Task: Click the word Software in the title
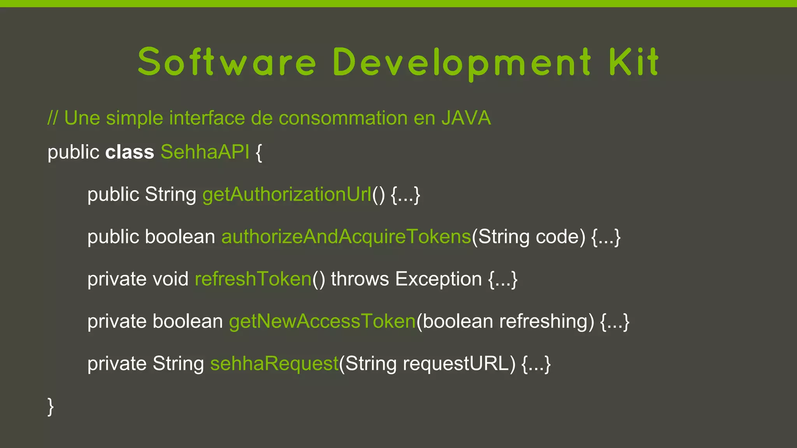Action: click(227, 62)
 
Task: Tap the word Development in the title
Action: click(462, 62)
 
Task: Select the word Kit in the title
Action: click(634, 62)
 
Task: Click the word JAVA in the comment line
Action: click(466, 118)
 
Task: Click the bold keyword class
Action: click(130, 152)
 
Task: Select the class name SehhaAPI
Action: click(205, 152)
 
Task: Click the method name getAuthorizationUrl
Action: click(287, 194)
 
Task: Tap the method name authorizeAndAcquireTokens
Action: click(346, 237)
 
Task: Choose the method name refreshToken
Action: click(253, 279)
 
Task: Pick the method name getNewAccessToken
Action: click(322, 322)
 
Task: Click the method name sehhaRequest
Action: click(274, 364)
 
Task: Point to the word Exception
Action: click(438, 279)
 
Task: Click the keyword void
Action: click(170, 279)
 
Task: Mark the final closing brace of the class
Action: click(51, 407)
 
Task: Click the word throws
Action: click(360, 279)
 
